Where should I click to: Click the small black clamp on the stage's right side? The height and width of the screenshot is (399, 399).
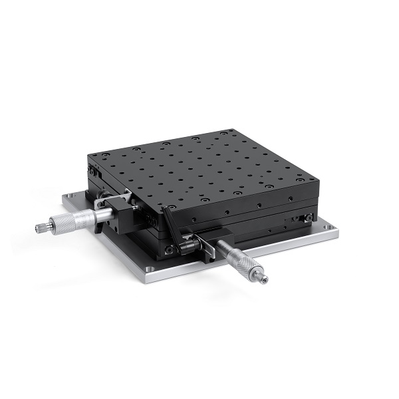click(x=307, y=218)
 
